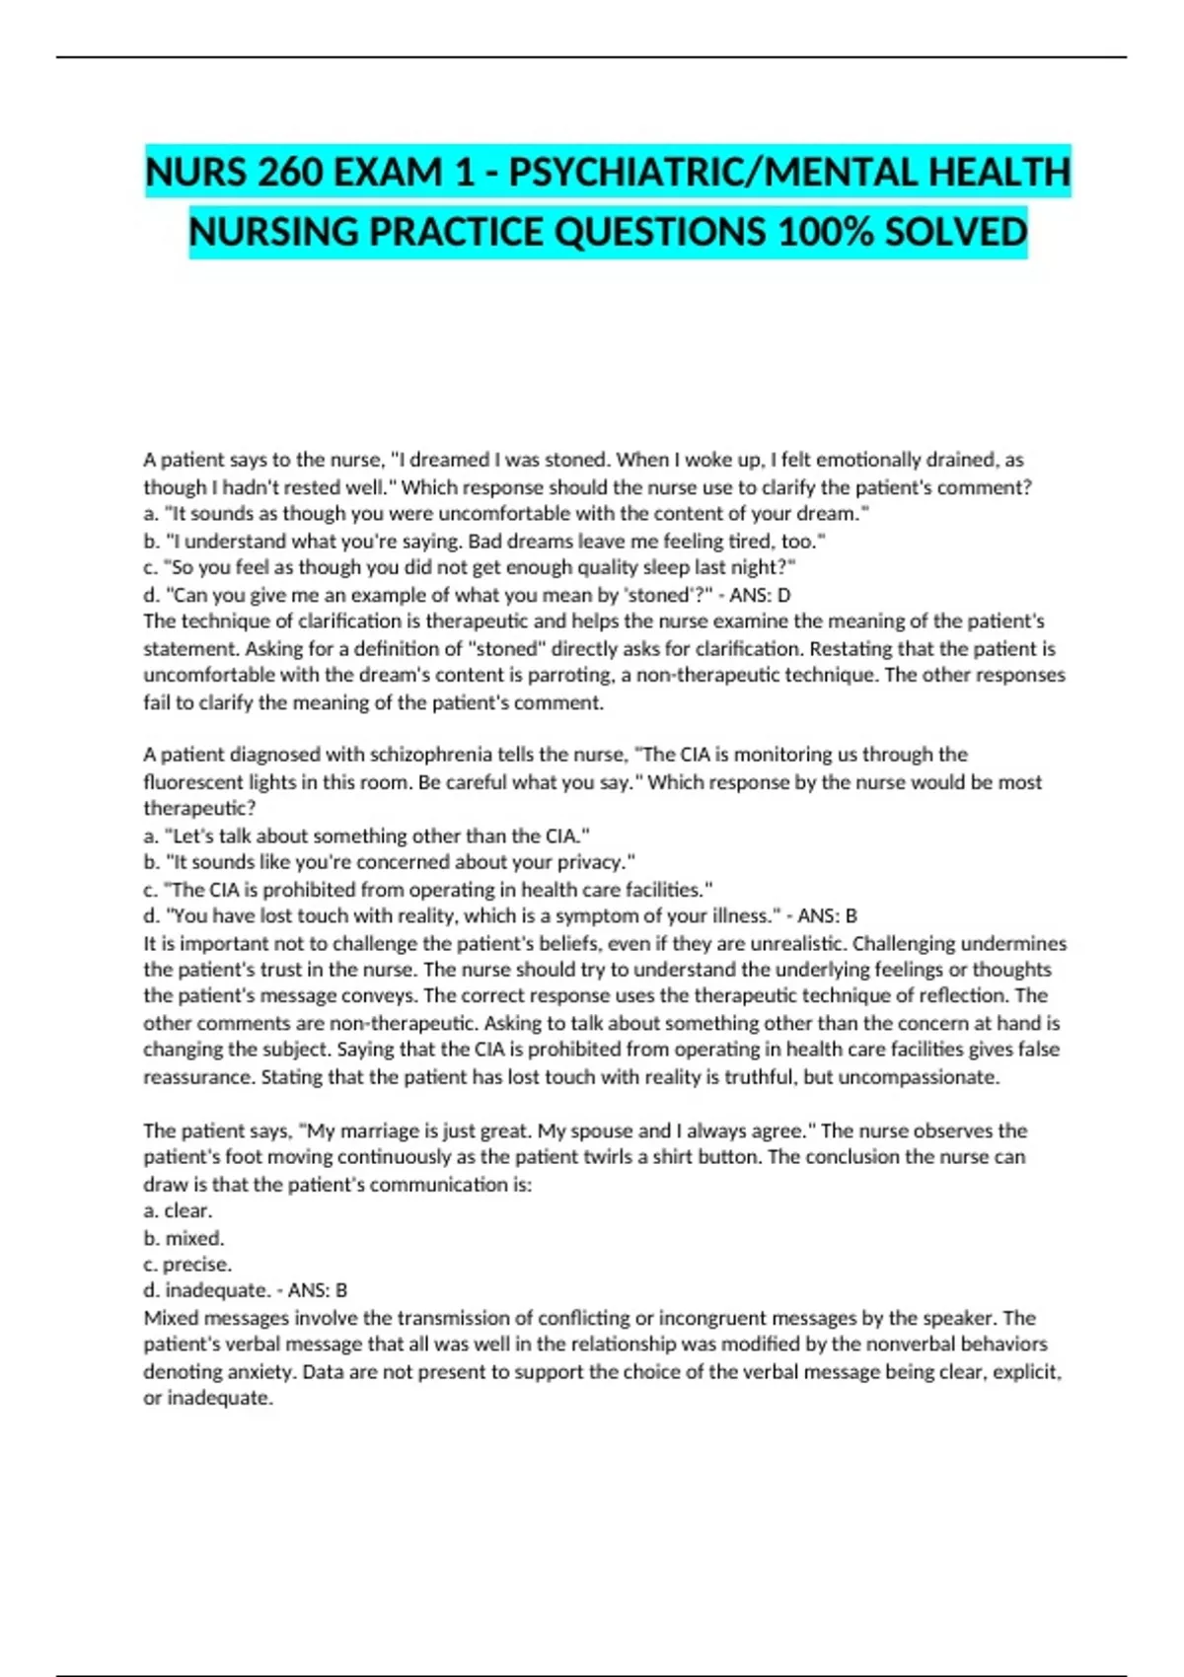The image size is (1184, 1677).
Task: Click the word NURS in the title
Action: [x=195, y=173]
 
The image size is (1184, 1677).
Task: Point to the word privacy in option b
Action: [x=590, y=862]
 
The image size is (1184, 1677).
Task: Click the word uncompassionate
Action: [x=918, y=1077]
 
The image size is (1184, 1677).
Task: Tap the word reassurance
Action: [x=198, y=1077]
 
